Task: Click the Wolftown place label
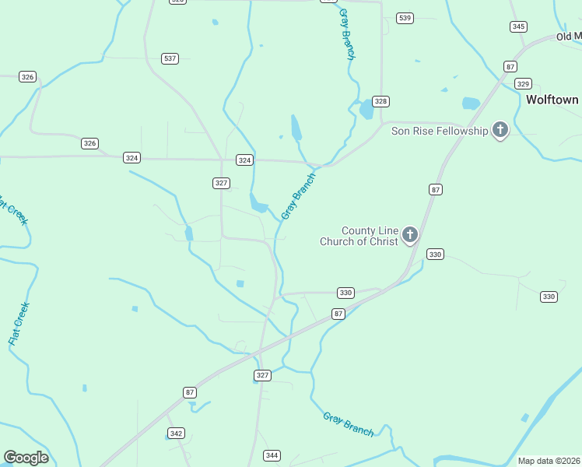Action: click(x=552, y=100)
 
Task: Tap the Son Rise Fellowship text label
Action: click(x=439, y=131)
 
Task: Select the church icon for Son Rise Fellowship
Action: click(x=500, y=130)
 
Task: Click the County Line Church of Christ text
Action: click(x=359, y=236)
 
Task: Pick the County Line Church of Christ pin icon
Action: click(x=410, y=234)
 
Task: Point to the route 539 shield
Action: click(x=404, y=18)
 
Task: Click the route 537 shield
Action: click(x=170, y=58)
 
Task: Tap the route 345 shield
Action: click(x=518, y=26)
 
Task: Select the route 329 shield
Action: click(x=523, y=84)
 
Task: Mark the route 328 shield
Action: click(x=380, y=101)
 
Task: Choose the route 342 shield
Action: click(x=177, y=433)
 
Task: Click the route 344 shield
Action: click(x=272, y=455)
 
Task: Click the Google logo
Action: click(x=26, y=458)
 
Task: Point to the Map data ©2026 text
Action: click(x=549, y=461)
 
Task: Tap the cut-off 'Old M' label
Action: click(x=569, y=37)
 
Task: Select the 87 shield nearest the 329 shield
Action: click(x=510, y=67)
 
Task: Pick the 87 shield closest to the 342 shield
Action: click(x=190, y=392)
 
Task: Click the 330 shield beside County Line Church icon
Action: click(x=435, y=255)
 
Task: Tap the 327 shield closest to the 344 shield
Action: click(x=262, y=375)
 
